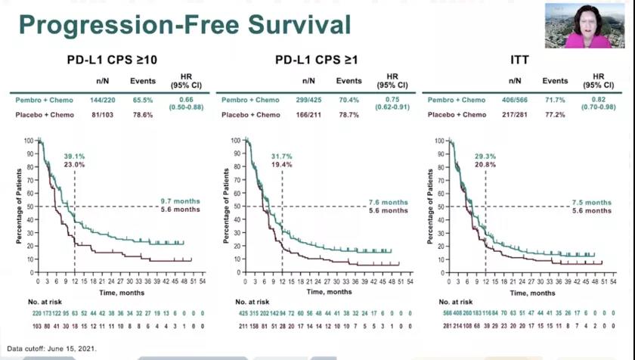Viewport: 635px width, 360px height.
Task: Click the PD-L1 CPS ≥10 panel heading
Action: [x=111, y=59]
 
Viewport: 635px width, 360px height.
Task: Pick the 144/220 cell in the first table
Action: [x=101, y=100]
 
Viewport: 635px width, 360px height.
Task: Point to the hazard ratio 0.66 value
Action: [x=186, y=100]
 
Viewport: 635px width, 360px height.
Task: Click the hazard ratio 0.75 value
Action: [x=392, y=100]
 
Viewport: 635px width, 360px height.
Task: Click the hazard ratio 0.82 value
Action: [x=599, y=100]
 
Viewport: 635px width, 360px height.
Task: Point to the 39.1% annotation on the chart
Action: [x=75, y=157]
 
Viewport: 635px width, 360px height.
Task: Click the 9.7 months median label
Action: [x=179, y=201]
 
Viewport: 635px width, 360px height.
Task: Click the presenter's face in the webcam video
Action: [x=587, y=20]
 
